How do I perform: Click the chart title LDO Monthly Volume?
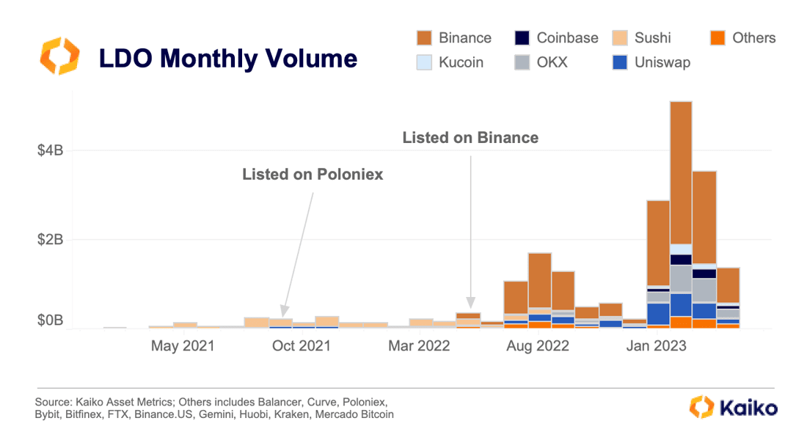point(228,58)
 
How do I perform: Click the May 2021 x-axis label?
point(183,345)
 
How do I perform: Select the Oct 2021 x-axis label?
point(301,345)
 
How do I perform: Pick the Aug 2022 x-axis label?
point(538,345)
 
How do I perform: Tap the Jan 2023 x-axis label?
point(656,345)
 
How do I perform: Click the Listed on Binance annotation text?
point(470,137)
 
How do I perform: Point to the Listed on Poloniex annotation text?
point(313,175)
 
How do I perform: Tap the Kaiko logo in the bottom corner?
point(734,407)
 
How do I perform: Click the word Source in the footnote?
point(52,403)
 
